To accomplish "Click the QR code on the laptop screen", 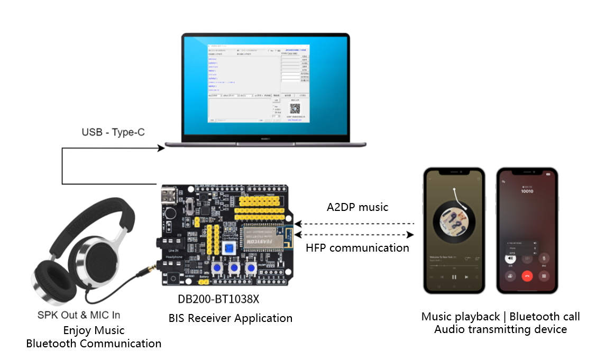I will tap(295, 109).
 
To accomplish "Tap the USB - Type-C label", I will tap(113, 132).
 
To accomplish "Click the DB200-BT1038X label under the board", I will tap(218, 299).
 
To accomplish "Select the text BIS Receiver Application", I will tap(231, 318).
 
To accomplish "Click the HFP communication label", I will tap(358, 247).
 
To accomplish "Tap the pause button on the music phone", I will tap(454, 276).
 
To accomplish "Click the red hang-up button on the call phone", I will tap(526, 275).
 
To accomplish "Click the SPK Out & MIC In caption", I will tap(79, 315).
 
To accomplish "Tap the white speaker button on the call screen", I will tap(509, 259).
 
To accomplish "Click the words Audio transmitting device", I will tap(500, 329).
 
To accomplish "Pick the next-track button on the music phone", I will tap(466, 276).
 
